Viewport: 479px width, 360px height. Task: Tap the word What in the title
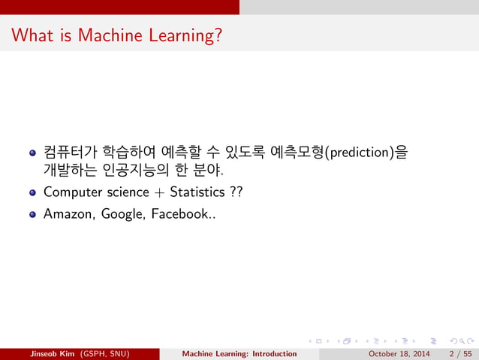[32, 35]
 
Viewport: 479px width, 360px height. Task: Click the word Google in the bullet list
[122, 213]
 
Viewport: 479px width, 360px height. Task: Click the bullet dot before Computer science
[32, 192]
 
